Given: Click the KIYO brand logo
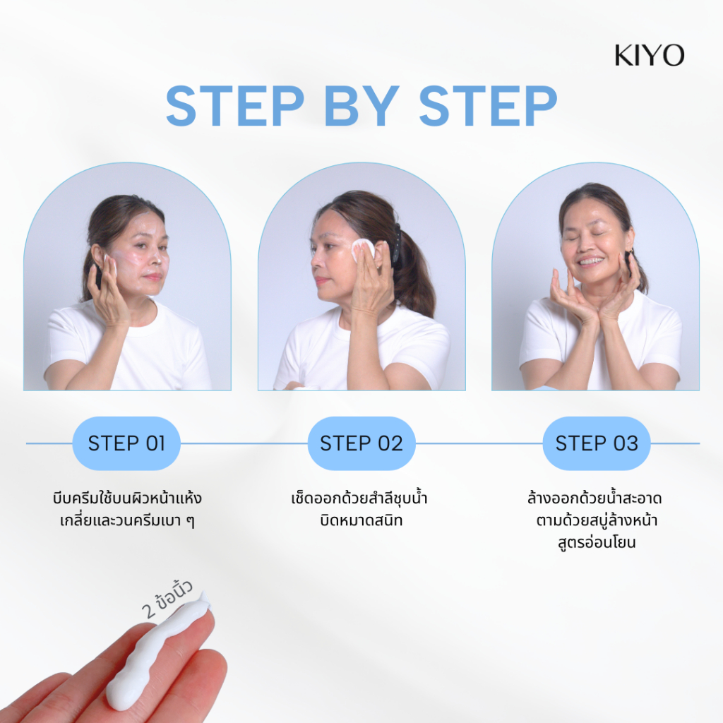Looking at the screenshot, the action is click(650, 55).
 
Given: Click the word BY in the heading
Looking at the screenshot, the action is click(362, 106).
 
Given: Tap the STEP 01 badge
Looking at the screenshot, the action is click(126, 443).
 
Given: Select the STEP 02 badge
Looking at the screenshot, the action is click(361, 443).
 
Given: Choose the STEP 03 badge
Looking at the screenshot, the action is click(597, 443).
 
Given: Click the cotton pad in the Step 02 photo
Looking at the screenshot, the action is click(362, 249).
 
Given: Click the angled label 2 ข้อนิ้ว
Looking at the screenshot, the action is click(167, 599).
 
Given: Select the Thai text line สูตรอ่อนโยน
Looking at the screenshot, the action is click(597, 542).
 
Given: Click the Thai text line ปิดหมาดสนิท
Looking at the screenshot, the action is click(361, 520).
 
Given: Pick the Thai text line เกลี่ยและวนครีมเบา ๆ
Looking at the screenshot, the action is click(127, 520).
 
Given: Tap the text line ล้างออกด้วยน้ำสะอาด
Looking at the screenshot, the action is click(594, 498).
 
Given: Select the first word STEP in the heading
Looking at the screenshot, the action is click(235, 106).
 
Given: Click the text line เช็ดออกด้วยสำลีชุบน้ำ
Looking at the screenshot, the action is click(359, 498).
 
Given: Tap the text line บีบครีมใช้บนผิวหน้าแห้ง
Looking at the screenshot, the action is click(127, 498).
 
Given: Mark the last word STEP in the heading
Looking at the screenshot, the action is click(489, 106).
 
